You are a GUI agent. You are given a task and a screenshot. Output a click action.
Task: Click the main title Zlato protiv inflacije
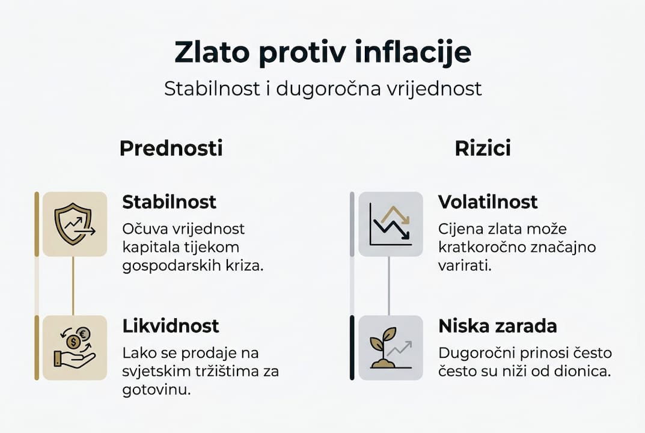323,53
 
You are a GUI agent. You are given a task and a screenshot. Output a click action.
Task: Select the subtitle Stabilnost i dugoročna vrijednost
323,89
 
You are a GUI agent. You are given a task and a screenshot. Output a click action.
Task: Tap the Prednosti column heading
171,148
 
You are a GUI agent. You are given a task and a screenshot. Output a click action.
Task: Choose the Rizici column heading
483,148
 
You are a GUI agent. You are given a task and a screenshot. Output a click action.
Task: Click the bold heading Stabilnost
169,202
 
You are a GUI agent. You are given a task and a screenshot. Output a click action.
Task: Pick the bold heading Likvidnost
171,326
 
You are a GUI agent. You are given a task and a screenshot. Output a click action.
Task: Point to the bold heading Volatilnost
488,202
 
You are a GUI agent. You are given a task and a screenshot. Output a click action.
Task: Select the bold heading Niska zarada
497,326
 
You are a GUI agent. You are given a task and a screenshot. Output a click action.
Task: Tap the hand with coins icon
75,348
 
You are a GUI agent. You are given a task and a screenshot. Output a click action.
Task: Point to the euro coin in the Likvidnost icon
82,334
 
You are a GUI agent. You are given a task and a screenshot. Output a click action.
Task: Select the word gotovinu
156,390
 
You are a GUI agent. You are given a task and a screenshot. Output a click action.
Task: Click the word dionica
584,371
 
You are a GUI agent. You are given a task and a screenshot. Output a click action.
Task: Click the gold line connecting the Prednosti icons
73,286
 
